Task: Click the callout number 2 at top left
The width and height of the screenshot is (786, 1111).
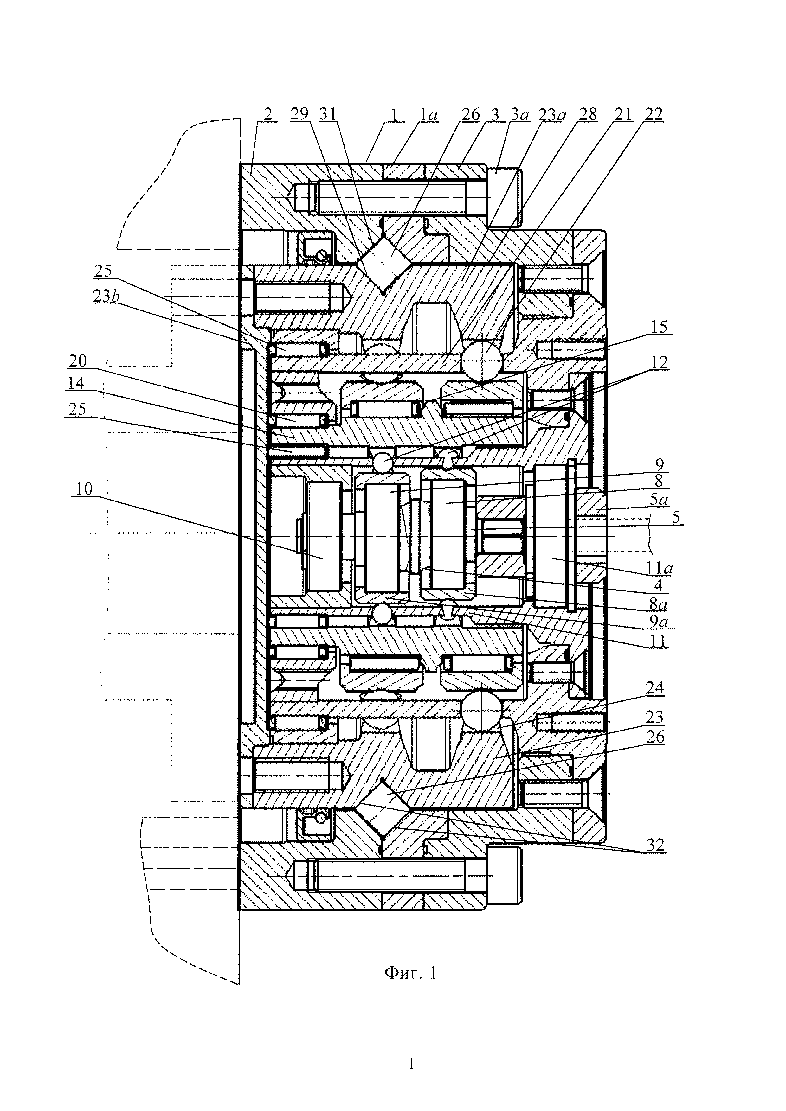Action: click(x=268, y=115)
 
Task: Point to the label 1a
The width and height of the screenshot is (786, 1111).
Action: click(x=428, y=115)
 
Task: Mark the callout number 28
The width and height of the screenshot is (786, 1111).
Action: click(x=588, y=115)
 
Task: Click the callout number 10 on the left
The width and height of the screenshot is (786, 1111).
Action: click(x=83, y=489)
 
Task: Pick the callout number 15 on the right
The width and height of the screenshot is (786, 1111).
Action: click(x=658, y=327)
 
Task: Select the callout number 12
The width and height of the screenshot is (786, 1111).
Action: click(x=659, y=362)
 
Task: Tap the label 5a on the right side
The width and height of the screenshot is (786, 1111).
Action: click(x=659, y=499)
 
